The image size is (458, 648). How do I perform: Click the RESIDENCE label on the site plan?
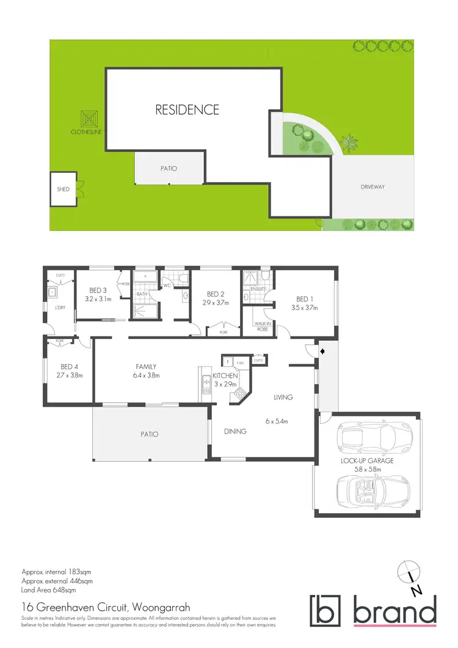(x=187, y=110)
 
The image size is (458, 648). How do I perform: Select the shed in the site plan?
(x=64, y=189)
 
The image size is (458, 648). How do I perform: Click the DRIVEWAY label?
(x=373, y=187)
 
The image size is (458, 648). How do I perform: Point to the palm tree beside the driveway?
(x=349, y=144)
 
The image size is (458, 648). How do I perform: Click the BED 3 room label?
(x=98, y=290)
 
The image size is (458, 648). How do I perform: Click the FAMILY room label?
(x=147, y=366)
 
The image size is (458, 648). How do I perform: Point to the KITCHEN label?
(x=225, y=376)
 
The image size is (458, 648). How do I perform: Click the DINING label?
(x=235, y=431)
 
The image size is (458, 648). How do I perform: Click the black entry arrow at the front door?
(x=323, y=351)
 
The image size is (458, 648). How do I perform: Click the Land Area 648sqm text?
(x=49, y=591)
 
